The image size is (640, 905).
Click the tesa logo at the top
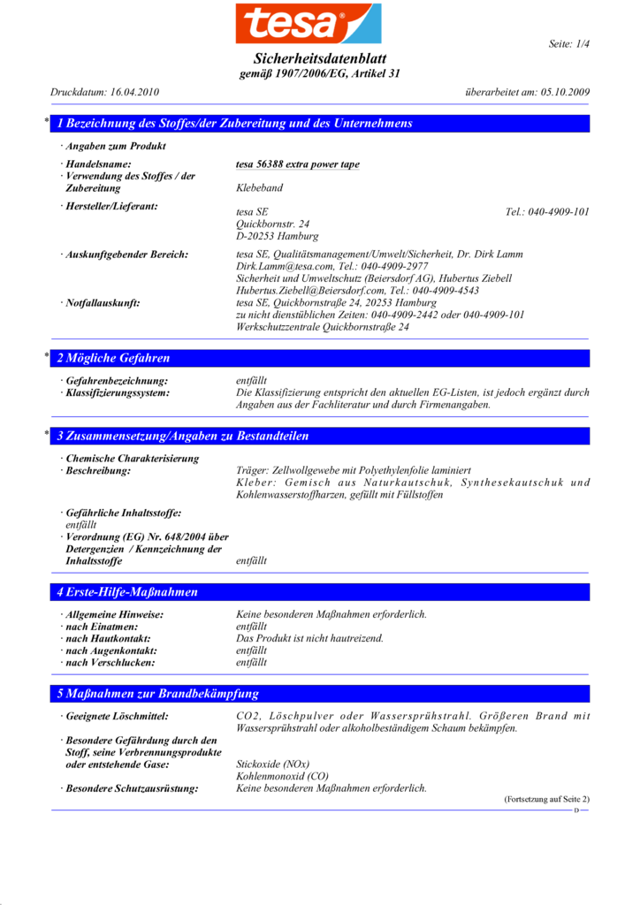click(x=309, y=24)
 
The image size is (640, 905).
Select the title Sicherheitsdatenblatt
click(x=319, y=58)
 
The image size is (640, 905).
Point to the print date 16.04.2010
click(x=134, y=92)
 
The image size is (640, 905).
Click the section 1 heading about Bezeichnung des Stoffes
click(x=235, y=124)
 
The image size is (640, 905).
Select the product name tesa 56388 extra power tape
click(x=298, y=164)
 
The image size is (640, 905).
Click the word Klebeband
click(x=260, y=188)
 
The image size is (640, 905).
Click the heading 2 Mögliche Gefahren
click(x=113, y=359)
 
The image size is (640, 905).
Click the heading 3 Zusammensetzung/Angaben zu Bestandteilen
click(x=183, y=437)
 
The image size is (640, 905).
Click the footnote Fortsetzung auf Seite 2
click(x=546, y=799)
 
